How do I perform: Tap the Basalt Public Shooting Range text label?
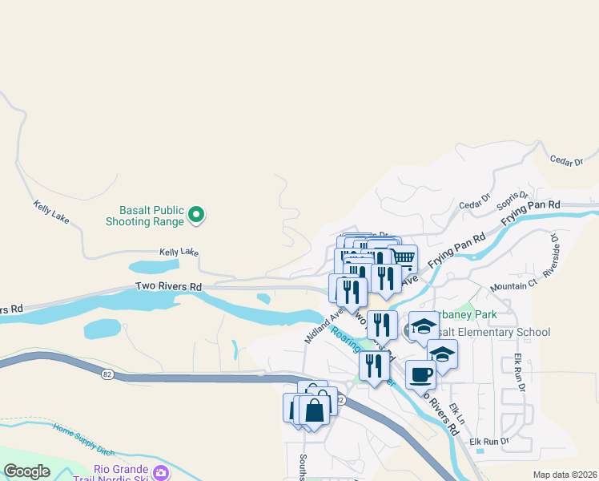tap(146, 214)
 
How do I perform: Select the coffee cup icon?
tap(420, 374)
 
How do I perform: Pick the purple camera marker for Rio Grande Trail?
tap(161, 472)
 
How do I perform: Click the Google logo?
tap(26, 471)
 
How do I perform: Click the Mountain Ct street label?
tap(513, 285)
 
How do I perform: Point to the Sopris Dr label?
tap(513, 198)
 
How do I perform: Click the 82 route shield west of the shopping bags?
tap(108, 375)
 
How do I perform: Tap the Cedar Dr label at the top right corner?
tap(566, 161)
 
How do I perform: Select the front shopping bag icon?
tap(314, 411)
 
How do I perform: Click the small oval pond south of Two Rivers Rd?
tap(263, 299)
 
